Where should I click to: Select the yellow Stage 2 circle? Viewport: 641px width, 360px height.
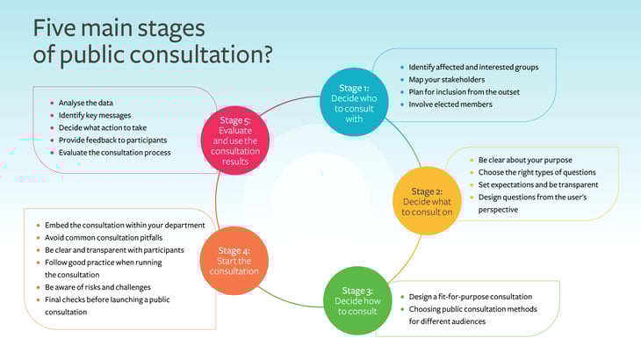(x=426, y=200)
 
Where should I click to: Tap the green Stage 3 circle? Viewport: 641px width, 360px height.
(x=357, y=300)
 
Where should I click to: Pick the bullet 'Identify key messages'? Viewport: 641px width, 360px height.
(x=97, y=115)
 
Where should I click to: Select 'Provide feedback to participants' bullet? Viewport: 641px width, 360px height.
(x=112, y=140)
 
